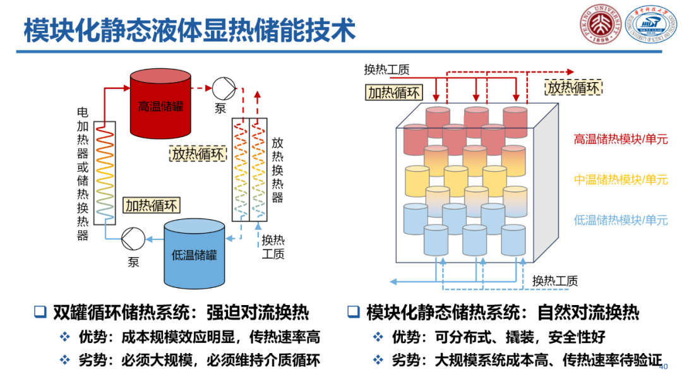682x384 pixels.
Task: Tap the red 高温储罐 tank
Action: tap(160, 104)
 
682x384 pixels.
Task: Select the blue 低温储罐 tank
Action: tap(194, 254)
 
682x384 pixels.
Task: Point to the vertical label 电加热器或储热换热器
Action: tap(83, 174)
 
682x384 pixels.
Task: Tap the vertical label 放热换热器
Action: tap(277, 171)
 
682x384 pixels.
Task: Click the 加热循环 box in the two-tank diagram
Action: tap(152, 205)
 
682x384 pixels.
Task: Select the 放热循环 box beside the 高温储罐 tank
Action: tap(198, 153)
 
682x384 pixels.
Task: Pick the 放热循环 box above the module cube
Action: tap(573, 87)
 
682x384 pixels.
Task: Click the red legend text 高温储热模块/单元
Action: tap(620, 139)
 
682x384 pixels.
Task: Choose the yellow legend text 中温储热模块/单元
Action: tap(620, 180)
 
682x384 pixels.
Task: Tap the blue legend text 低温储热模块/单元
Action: tap(620, 220)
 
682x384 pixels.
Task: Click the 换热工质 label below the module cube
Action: tap(554, 281)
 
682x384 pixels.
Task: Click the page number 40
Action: tap(663, 367)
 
